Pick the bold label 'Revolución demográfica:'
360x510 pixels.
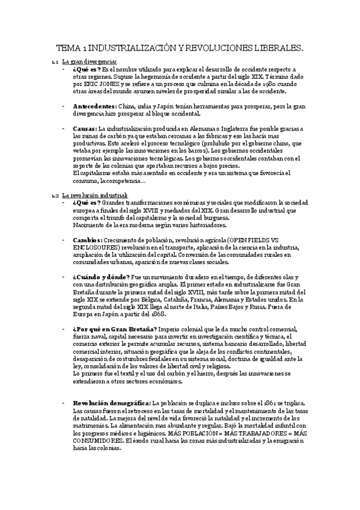[x=112, y=386]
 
